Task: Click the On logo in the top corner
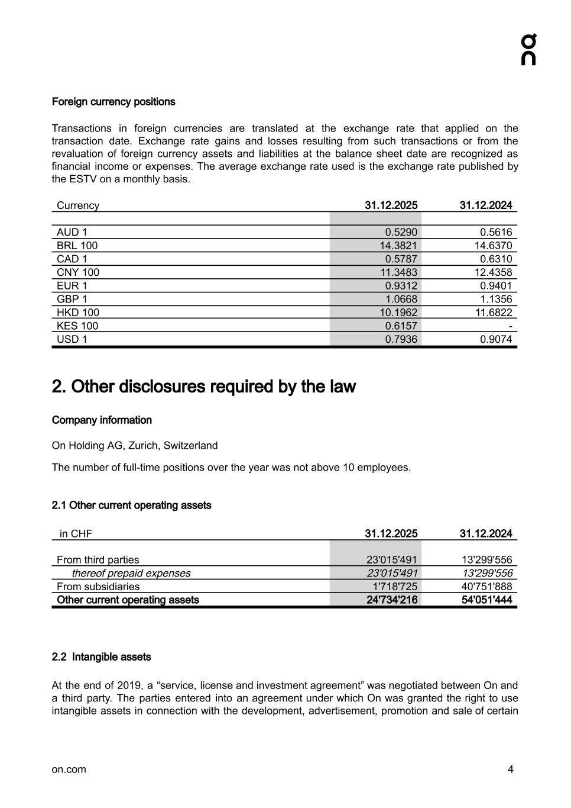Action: [528, 50]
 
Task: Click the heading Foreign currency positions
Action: [113, 102]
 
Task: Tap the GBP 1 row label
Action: [72, 299]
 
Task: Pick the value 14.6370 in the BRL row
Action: [493, 246]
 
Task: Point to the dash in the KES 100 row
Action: [510, 326]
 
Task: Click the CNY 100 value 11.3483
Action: [398, 272]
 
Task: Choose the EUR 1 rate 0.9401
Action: [496, 286]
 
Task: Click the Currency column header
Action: [78, 205]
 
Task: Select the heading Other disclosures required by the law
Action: [204, 387]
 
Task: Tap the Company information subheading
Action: [102, 420]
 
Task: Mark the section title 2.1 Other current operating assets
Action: [131, 506]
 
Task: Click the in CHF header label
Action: [76, 534]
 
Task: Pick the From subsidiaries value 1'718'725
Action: [394, 587]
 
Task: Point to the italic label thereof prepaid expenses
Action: [131, 574]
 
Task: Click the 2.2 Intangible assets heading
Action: [101, 657]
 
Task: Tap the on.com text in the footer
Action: [69, 770]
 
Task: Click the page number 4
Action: [510, 770]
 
